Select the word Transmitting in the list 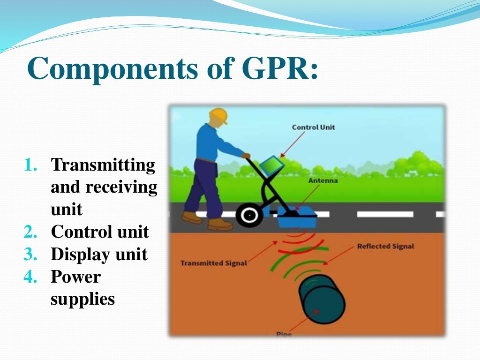(x=103, y=165)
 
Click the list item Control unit (x=99, y=232)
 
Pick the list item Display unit (x=99, y=255)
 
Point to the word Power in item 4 (x=75, y=277)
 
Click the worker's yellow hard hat (x=218, y=115)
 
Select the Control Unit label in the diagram (x=314, y=127)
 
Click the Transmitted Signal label (x=213, y=263)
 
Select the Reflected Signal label (x=385, y=246)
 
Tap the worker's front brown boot (x=220, y=225)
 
